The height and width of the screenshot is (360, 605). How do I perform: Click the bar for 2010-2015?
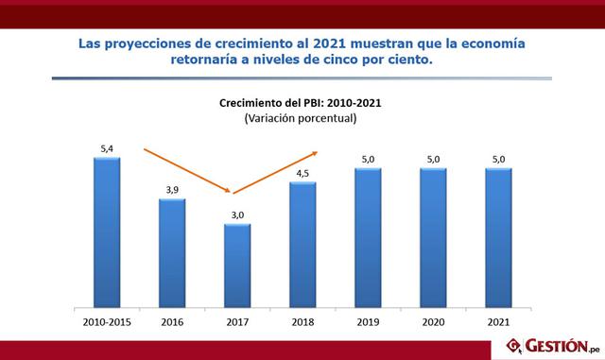(x=107, y=232)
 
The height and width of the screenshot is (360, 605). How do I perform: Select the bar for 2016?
(x=172, y=253)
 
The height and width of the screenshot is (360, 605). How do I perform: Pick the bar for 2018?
(x=302, y=245)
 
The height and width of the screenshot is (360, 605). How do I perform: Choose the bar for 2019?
(x=368, y=238)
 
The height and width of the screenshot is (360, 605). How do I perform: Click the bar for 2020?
(x=433, y=238)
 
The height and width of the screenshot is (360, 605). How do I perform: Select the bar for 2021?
(x=498, y=238)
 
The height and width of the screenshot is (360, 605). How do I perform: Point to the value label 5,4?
(x=106, y=148)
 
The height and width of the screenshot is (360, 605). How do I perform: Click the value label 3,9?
(x=171, y=190)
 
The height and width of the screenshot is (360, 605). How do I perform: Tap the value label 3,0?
(x=237, y=215)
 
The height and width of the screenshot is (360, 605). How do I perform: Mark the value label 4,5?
(x=302, y=173)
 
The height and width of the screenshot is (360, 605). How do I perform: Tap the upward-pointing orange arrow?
(x=280, y=172)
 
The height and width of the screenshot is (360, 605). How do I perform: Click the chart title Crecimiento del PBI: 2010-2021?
(x=300, y=103)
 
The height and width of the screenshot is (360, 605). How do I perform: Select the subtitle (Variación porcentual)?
(x=300, y=119)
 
